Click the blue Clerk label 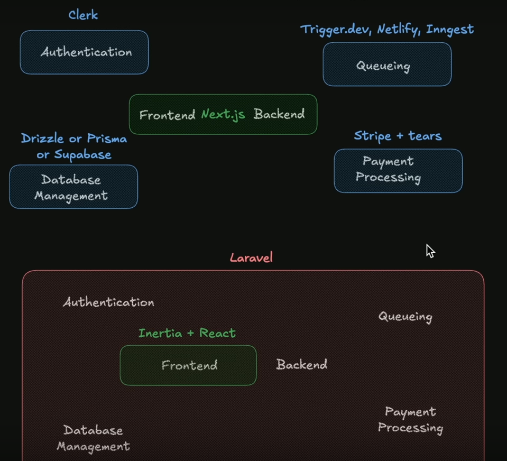pos(83,15)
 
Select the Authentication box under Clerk pos(85,52)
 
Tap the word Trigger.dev pos(337,30)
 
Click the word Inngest pos(450,30)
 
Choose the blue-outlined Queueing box pos(387,64)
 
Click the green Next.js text pos(223,115)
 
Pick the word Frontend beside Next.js pos(167,115)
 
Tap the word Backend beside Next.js pos(279,114)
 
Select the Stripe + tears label pos(398,136)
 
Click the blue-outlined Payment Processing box pos(398,170)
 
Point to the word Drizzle pos(43,139)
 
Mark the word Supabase pos(81,155)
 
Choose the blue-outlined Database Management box pos(73,187)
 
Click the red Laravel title pos(251,258)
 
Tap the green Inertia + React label pos(187,333)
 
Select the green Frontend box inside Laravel pos(188,365)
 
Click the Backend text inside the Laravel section pos(301,364)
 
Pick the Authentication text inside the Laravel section pos(108,302)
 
